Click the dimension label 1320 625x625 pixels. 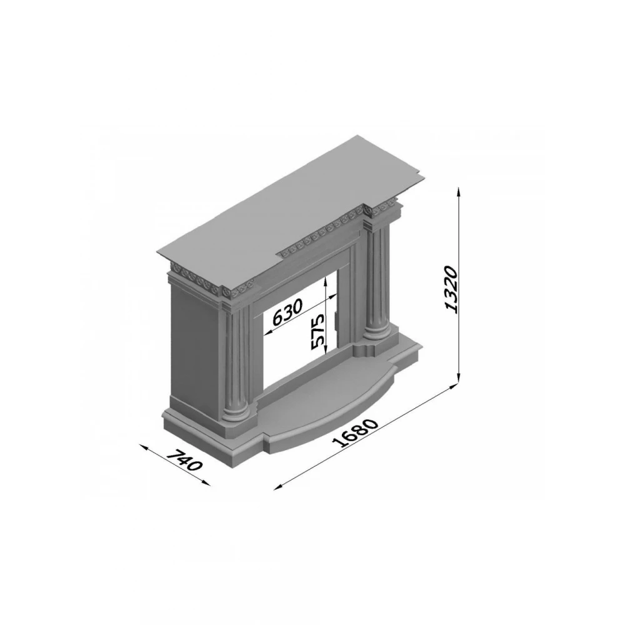click(451, 289)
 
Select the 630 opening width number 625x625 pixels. click(287, 311)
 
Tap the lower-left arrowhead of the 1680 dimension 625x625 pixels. click(278, 487)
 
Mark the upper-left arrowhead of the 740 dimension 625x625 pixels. click(144, 446)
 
